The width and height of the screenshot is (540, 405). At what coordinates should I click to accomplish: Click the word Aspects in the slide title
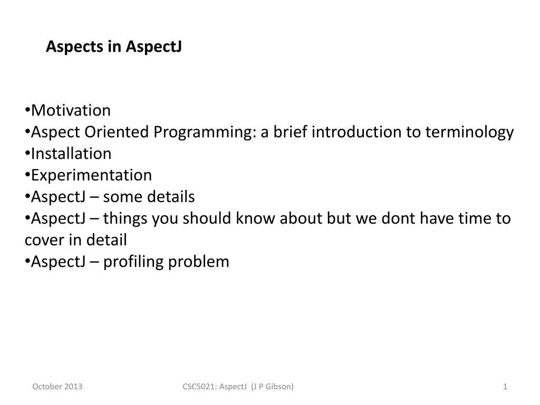pos(75,47)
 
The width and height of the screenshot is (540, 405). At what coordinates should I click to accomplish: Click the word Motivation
pos(71,111)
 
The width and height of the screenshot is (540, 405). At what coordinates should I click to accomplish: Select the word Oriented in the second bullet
pos(117,132)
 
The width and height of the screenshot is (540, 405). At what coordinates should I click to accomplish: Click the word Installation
pos(71,153)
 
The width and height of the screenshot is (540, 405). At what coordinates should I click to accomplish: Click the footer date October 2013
pos(57,387)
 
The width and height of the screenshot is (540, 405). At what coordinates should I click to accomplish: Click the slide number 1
pos(505,387)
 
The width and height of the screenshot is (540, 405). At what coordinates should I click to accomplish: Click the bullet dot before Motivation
pos(27,111)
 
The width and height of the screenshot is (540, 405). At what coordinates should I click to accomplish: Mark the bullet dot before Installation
pos(27,153)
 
